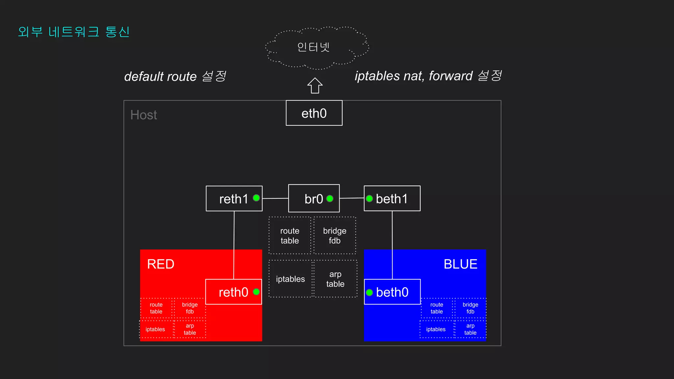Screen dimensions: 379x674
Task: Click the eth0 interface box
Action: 314,113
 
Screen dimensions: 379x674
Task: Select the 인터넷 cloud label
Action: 313,47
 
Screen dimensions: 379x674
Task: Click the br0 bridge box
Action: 314,198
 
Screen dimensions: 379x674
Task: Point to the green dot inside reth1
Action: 256,198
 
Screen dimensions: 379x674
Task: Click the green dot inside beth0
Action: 369,292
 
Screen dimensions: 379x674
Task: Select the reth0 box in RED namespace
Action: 233,292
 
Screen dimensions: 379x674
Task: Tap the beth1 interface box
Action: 392,198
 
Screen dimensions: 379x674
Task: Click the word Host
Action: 143,115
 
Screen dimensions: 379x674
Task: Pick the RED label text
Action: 161,264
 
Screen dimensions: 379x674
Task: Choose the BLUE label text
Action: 460,264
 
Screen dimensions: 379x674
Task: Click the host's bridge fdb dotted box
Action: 335,236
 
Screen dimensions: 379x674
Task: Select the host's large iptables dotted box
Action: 290,279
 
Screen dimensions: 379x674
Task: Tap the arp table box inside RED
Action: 190,329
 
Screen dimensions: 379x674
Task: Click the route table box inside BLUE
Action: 437,308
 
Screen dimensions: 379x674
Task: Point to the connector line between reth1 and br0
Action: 275,198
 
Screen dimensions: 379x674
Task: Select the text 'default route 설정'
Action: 175,76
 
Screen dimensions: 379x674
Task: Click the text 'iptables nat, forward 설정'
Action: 428,76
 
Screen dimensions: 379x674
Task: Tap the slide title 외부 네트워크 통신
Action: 74,32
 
